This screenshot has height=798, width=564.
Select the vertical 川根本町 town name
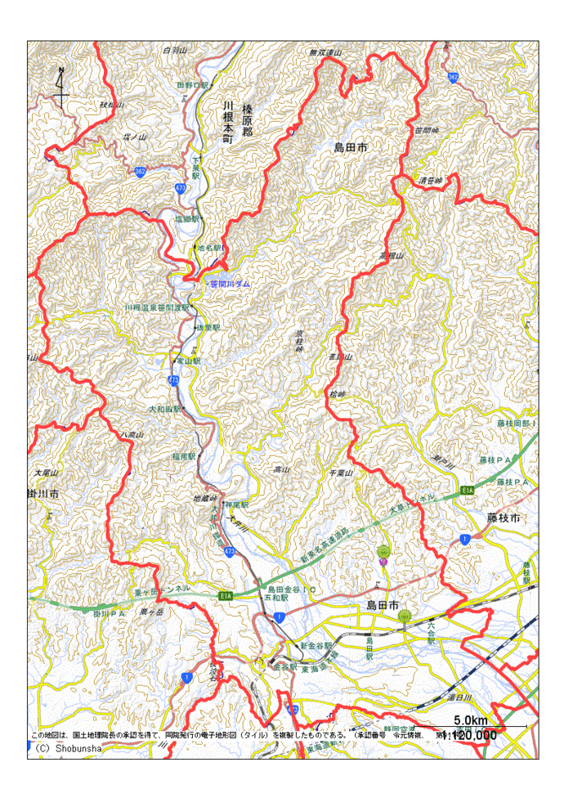229,123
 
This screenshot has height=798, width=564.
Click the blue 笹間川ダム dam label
231,284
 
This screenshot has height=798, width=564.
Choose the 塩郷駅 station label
187,219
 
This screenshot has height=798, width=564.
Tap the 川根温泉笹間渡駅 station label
157,307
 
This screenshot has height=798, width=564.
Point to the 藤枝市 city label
504,518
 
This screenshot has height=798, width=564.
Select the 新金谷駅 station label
316,645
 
